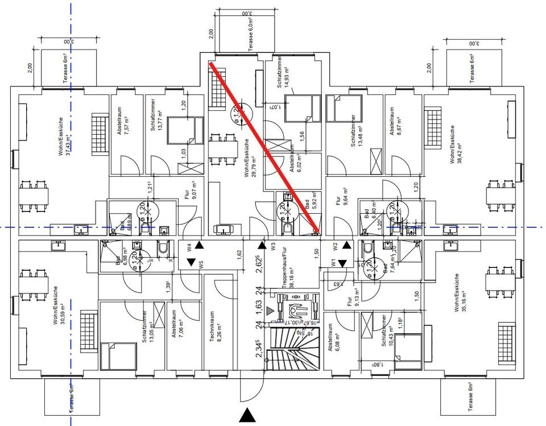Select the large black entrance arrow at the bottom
[246, 415]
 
